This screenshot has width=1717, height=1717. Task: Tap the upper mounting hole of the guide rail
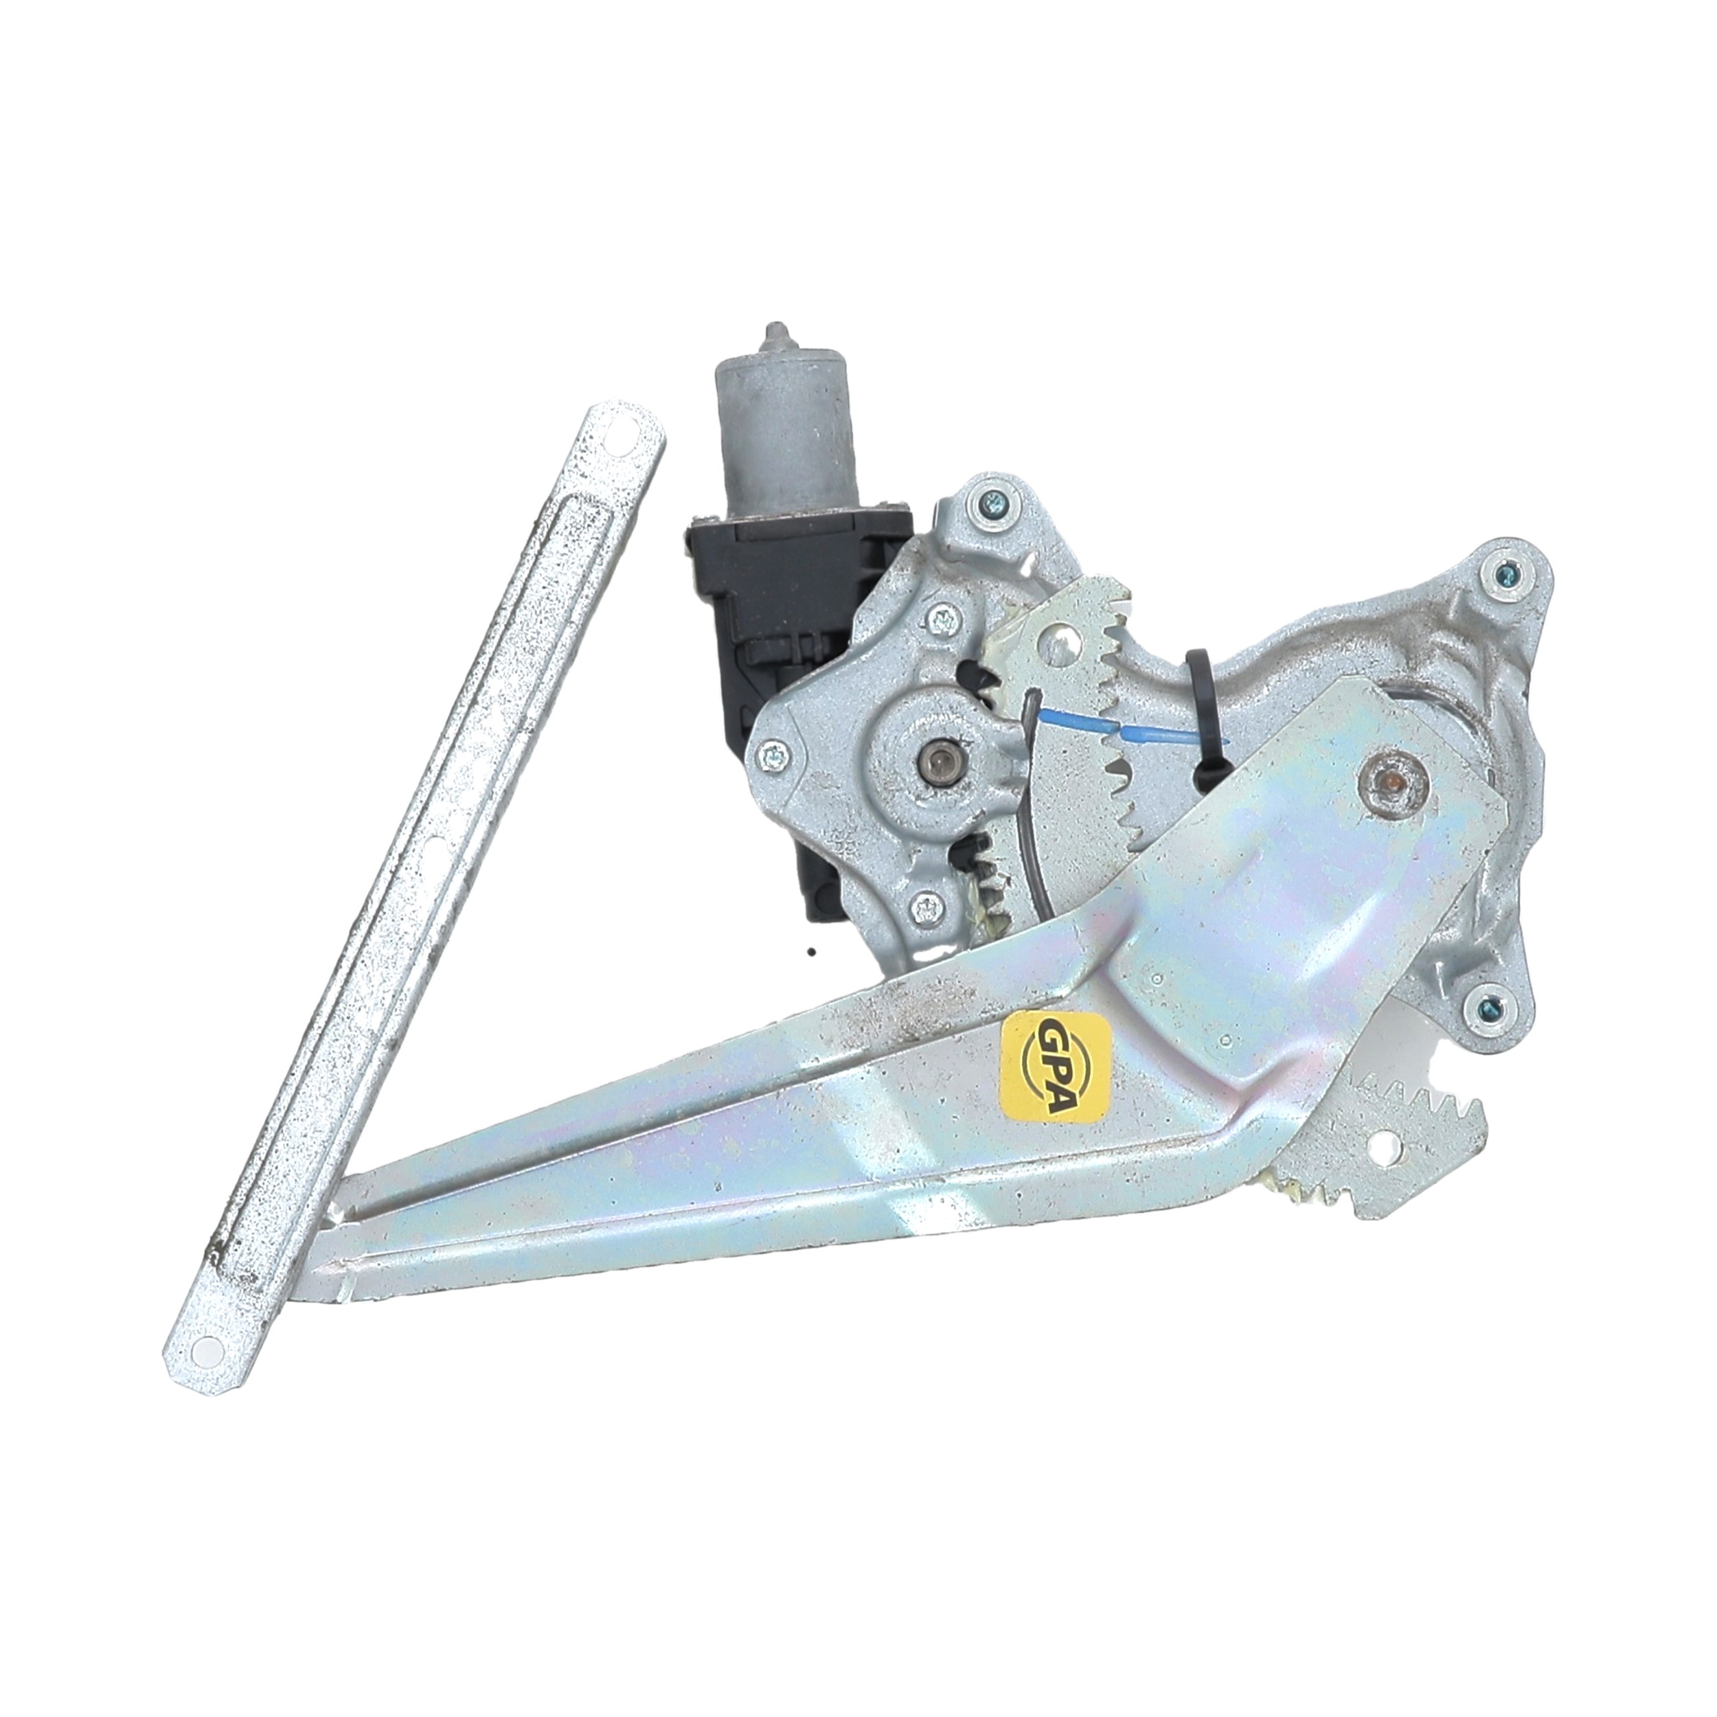632,441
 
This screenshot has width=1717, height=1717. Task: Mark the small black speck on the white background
812,951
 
